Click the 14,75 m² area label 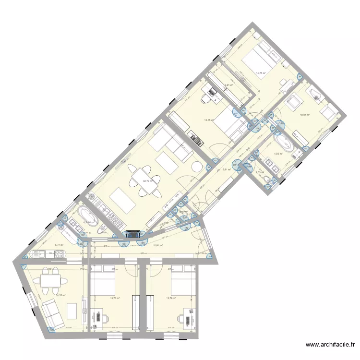click(261, 73)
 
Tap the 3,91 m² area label click(229, 86)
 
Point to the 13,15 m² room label click(209, 120)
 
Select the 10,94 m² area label click(305, 115)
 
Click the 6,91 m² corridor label click(228, 169)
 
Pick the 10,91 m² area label click(158, 245)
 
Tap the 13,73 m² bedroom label click(115, 298)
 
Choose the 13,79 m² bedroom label click(171, 298)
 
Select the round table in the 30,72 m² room click(197, 167)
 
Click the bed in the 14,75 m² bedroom click(261, 59)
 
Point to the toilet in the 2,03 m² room click(267, 179)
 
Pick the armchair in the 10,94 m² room click(329, 113)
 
